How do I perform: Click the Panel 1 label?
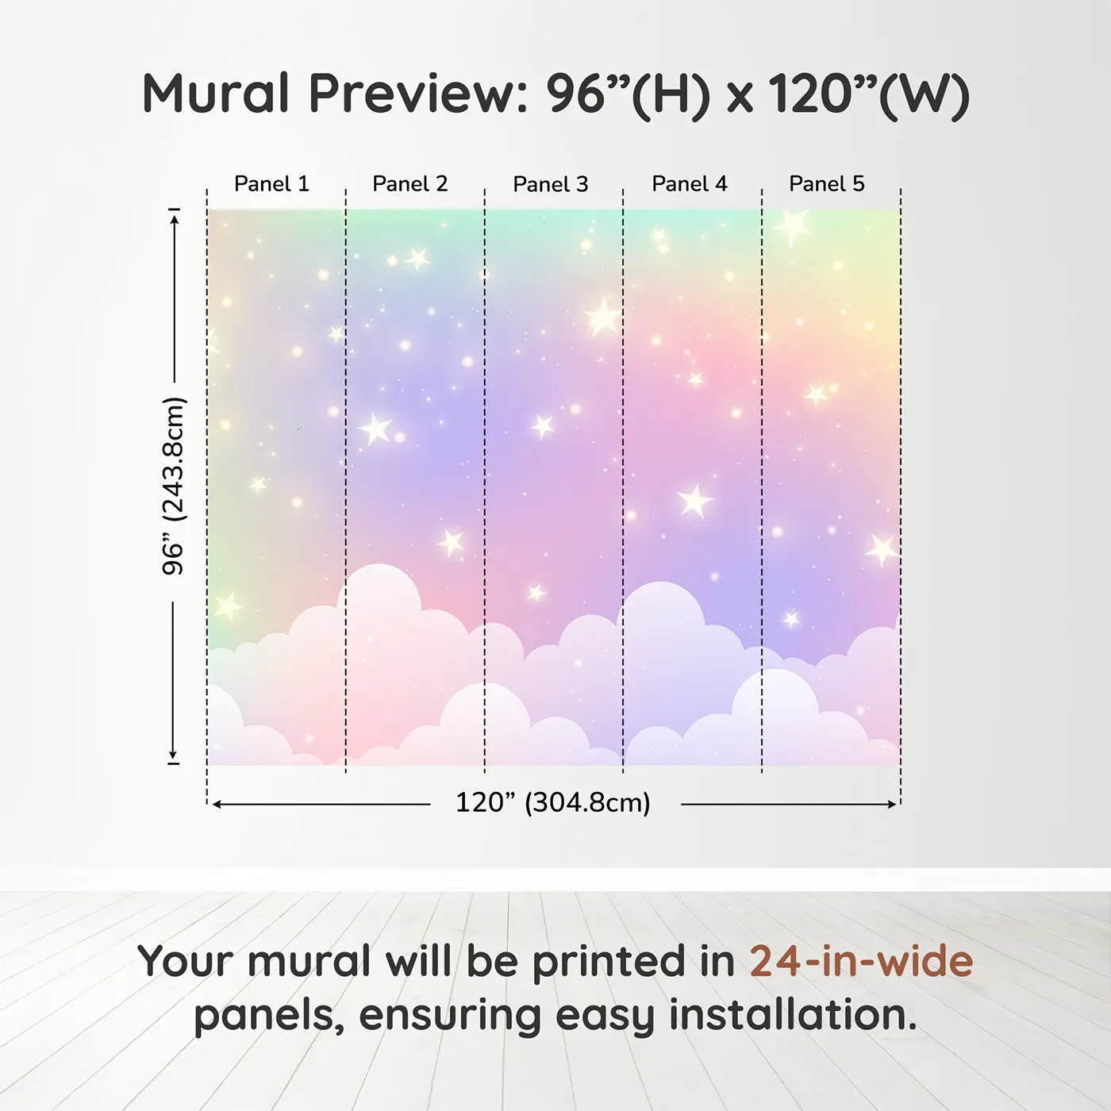271,184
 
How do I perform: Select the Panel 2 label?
410,184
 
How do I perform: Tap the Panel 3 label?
551,184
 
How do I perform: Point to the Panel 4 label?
690,184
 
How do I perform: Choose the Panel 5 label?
827,184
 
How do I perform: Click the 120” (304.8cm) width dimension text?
553,803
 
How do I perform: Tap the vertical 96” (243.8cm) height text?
172,486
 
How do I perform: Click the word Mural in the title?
216,94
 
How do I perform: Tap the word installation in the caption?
793,1015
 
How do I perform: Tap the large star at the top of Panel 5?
794,226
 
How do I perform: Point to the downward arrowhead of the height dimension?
172,755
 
